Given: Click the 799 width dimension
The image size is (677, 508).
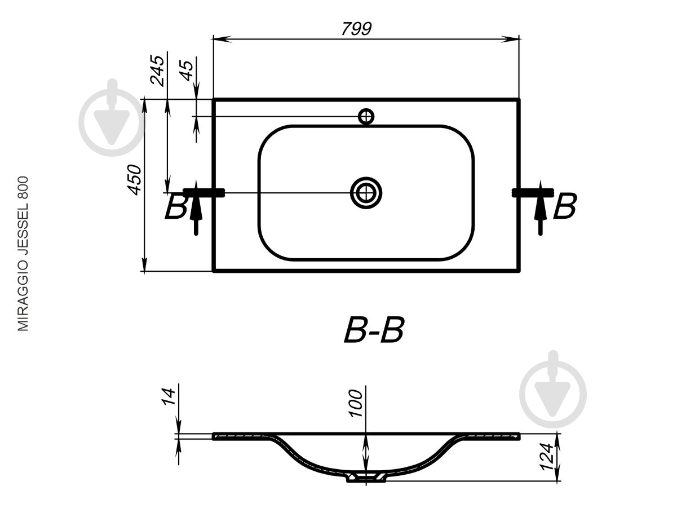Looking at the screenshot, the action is point(356,29).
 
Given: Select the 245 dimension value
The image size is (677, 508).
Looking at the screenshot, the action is point(157,70).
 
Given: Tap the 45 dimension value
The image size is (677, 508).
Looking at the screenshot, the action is point(187,70).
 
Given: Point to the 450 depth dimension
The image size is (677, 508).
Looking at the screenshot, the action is point(134,180).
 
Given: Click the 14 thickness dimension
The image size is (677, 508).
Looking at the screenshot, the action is point(169,397).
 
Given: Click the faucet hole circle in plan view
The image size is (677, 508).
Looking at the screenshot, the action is point(366,117).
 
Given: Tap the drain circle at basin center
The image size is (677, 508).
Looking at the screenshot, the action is point(366,193).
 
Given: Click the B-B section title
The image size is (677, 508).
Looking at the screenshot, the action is point(374,330).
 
